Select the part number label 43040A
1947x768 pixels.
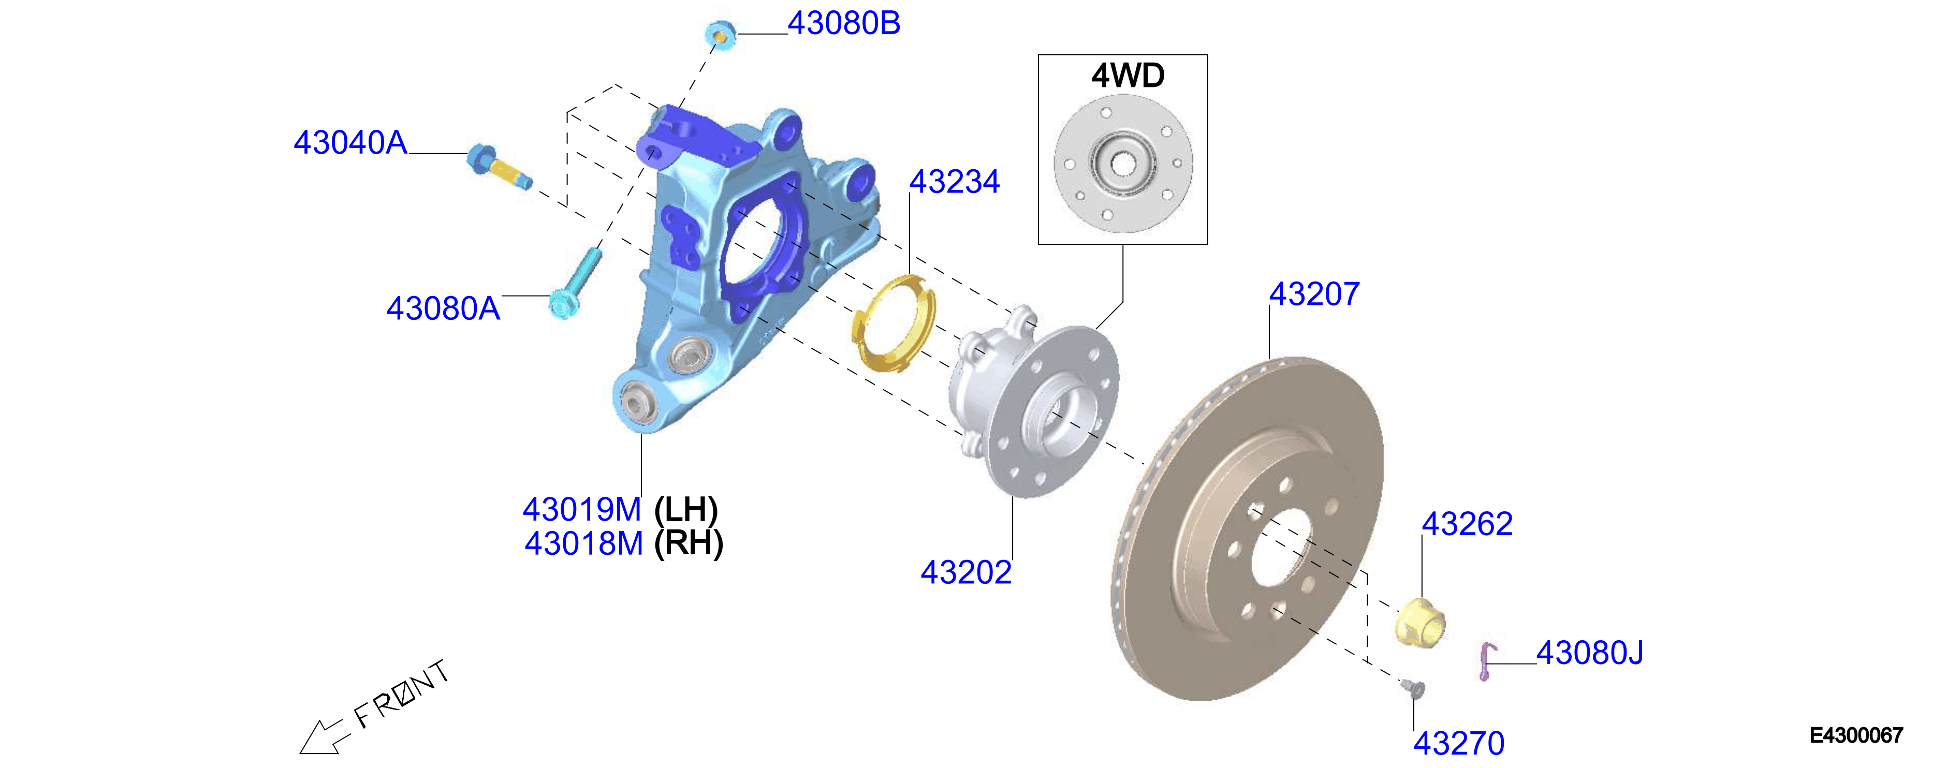pos(350,143)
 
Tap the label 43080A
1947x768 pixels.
pos(443,308)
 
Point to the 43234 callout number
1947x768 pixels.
pos(954,182)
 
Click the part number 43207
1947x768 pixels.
pos(1314,294)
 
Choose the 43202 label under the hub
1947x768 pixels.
pos(966,572)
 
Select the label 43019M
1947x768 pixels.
pos(581,509)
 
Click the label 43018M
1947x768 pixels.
pos(583,543)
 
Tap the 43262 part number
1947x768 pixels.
pos(1467,524)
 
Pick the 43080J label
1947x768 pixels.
pos(1589,653)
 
